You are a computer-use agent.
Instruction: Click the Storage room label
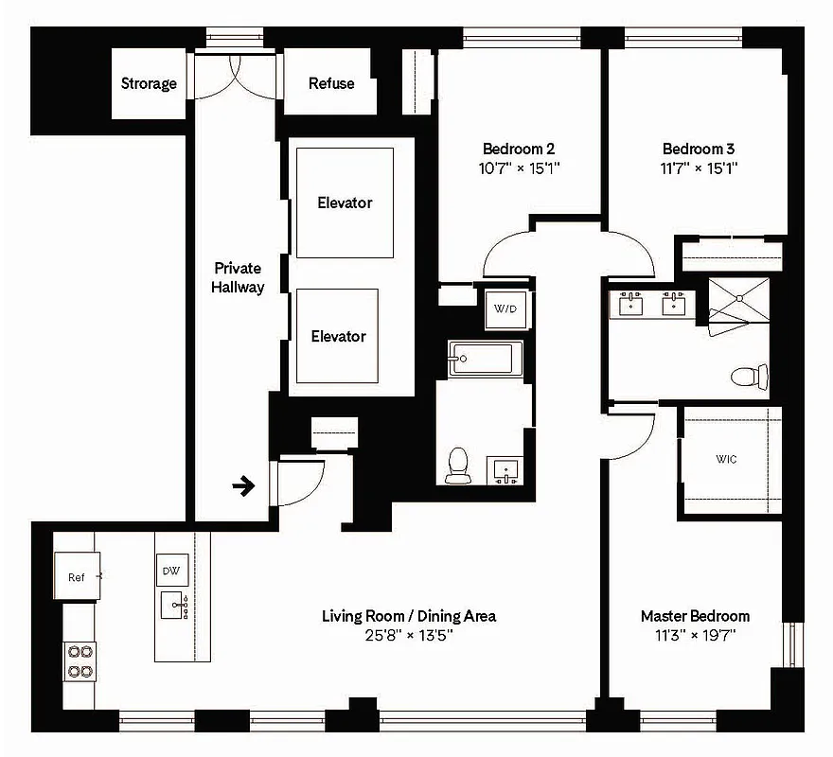pyautogui.click(x=149, y=83)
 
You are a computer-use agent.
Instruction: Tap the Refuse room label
pyautogui.click(x=331, y=83)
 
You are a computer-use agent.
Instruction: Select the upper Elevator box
pyautogui.click(x=344, y=202)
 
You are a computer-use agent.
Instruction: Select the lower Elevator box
pyautogui.click(x=338, y=336)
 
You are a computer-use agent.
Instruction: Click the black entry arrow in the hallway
pyautogui.click(x=244, y=487)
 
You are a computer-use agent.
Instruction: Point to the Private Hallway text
pyautogui.click(x=237, y=277)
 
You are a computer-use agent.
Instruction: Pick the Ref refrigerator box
pyautogui.click(x=77, y=577)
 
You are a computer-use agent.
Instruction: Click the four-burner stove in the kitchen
pyautogui.click(x=80, y=660)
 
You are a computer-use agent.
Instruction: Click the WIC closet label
pyautogui.click(x=726, y=459)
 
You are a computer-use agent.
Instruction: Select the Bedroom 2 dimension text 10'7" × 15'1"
pyautogui.click(x=518, y=169)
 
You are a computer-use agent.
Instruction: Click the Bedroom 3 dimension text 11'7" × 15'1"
pyautogui.click(x=699, y=169)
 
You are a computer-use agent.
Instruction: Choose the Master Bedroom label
pyautogui.click(x=695, y=616)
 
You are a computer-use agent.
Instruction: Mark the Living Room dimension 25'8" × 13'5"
pyautogui.click(x=408, y=635)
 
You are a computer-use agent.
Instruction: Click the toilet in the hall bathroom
pyautogui.click(x=458, y=465)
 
